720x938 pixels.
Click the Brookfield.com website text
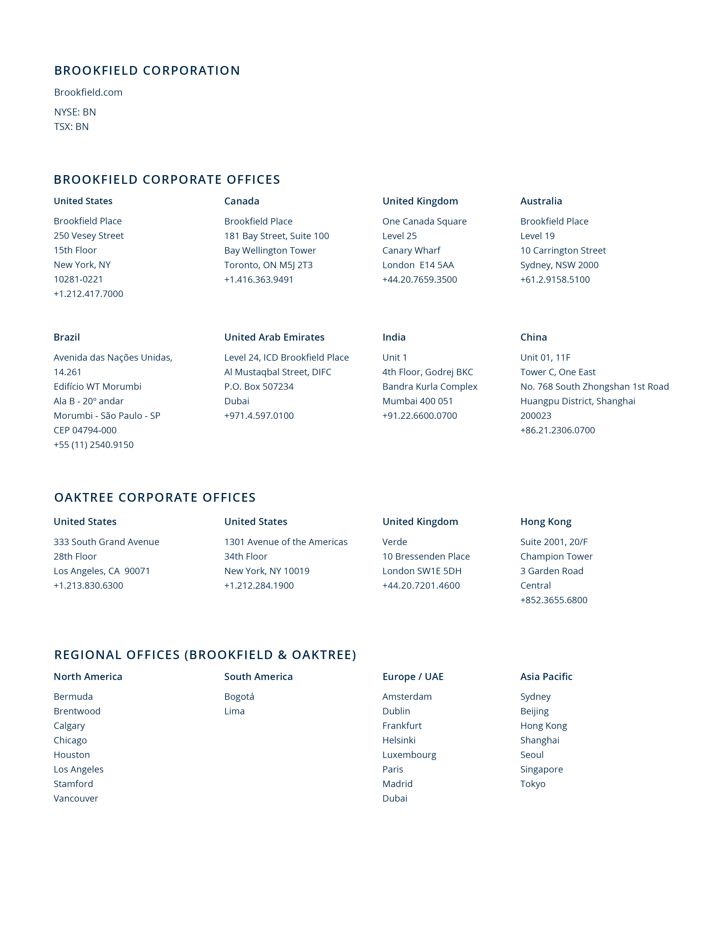88,92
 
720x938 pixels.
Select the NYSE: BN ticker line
75,112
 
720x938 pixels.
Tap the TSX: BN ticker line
71,127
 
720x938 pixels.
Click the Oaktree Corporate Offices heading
155,497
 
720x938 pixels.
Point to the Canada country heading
242,201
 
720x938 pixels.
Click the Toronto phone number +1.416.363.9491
259,280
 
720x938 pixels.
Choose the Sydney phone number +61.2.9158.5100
555,280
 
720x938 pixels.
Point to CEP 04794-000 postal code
85,430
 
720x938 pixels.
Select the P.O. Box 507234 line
259,387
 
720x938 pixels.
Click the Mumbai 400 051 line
417,401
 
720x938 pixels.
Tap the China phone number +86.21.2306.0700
558,430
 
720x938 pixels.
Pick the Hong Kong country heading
545,521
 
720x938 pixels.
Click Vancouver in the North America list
76,798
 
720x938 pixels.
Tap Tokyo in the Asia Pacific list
533,784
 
